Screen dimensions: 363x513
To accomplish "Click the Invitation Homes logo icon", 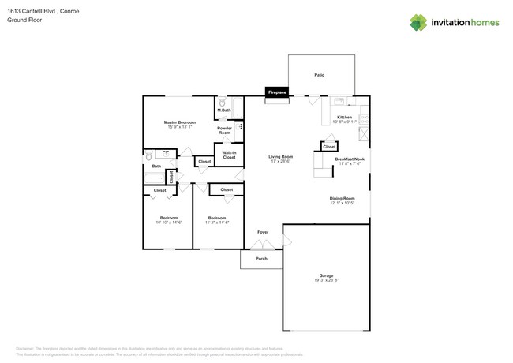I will pos(419,22).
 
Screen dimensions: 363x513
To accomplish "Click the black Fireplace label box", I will pos(276,92).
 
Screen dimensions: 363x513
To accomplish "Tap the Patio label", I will pos(320,75).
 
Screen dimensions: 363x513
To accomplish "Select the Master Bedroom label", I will pos(179,122).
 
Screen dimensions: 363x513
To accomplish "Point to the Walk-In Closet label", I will pos(229,155).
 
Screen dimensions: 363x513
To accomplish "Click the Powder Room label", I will pos(224,130).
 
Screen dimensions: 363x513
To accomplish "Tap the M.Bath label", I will pos(224,110).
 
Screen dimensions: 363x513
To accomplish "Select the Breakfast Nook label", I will pos(349,159).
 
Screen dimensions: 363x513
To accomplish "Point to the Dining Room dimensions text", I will pos(343,203).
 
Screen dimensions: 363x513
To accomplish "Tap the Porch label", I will pos(261,259).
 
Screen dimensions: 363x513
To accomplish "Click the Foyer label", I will pos(262,232).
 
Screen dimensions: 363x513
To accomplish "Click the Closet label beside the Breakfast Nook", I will pos(329,147).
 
